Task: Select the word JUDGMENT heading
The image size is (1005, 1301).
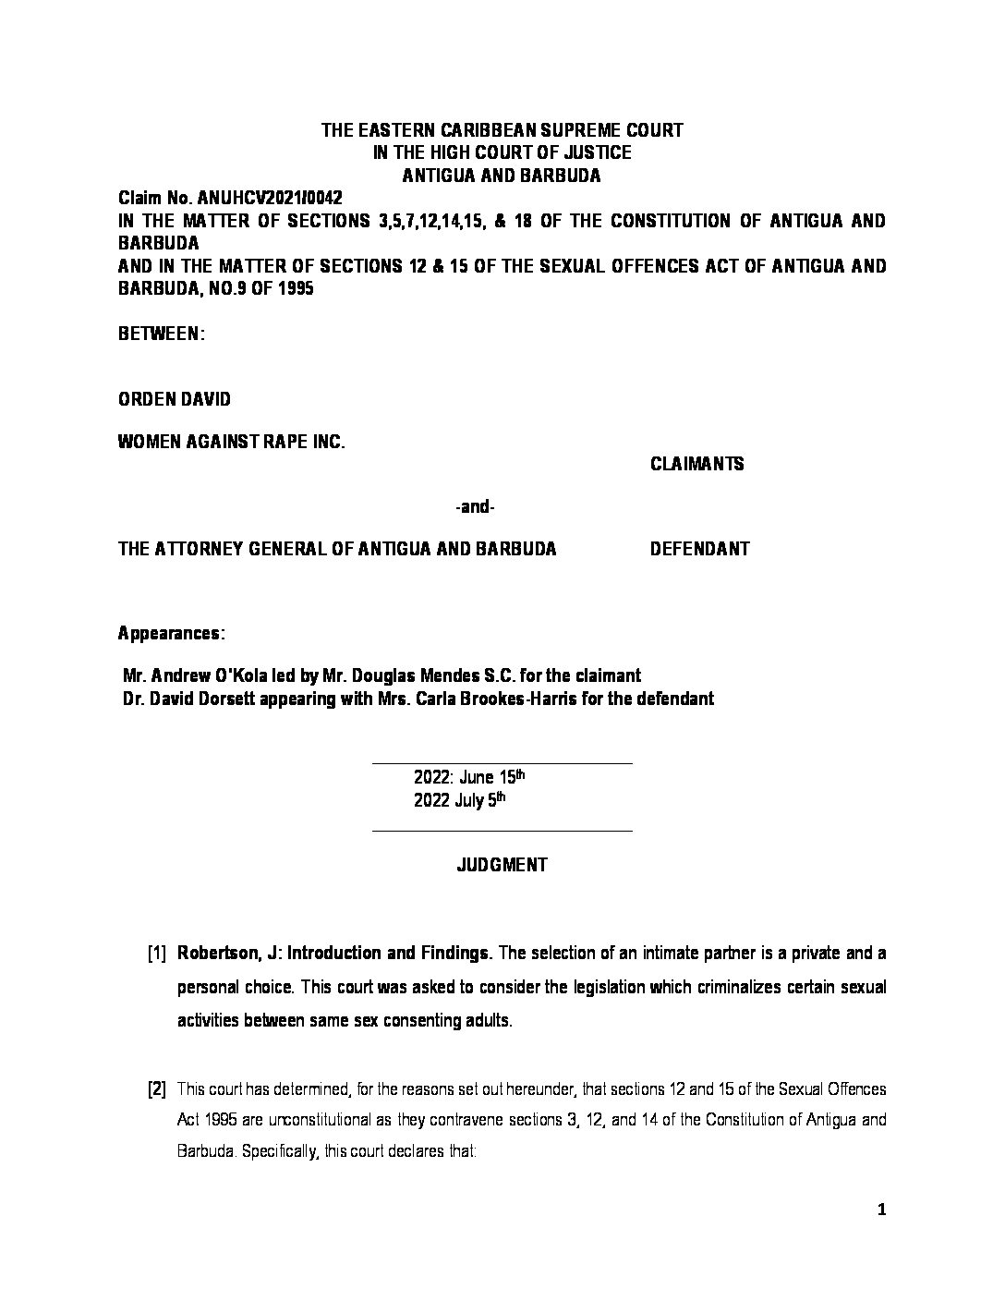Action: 502,865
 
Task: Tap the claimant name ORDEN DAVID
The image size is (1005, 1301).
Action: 175,399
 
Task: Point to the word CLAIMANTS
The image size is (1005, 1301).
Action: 696,464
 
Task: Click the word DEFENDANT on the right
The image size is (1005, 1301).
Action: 699,549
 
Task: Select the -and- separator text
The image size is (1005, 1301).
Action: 476,507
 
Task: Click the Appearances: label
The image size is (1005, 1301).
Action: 171,634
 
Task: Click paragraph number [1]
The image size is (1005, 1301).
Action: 156,953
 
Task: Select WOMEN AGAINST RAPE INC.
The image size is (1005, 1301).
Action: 231,443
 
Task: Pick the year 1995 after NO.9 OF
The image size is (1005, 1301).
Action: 293,288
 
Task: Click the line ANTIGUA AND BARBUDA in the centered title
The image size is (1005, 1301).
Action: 502,176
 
